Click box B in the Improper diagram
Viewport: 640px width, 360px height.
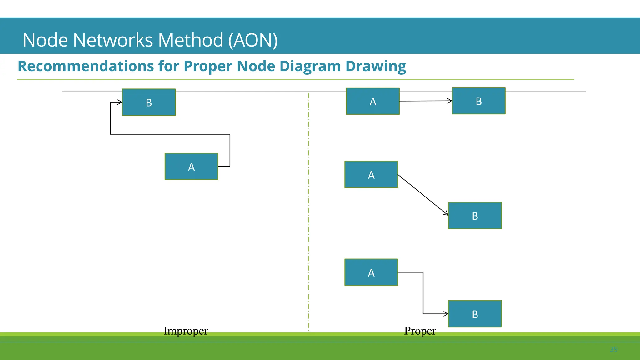pyautogui.click(x=149, y=102)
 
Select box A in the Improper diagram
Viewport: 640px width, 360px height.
pyautogui.click(x=191, y=166)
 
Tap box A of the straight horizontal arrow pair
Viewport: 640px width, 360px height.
pyautogui.click(x=373, y=101)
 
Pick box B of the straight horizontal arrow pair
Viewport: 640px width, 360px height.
pyautogui.click(x=478, y=101)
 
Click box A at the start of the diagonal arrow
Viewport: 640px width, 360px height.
pyautogui.click(x=371, y=174)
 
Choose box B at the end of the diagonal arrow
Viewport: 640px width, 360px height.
pyautogui.click(x=475, y=216)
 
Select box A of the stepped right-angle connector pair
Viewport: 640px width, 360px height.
pyautogui.click(x=371, y=272)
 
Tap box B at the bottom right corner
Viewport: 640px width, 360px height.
pyautogui.click(x=475, y=314)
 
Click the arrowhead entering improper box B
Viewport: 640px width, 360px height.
pyautogui.click(x=120, y=102)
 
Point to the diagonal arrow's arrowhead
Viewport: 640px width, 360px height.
pyautogui.click(x=446, y=214)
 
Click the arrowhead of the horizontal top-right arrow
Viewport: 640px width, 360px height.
pyautogui.click(x=450, y=101)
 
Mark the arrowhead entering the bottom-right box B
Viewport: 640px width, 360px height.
pyautogui.click(x=446, y=314)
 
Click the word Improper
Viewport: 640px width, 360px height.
pyautogui.click(x=186, y=331)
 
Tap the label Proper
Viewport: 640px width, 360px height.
pyautogui.click(x=420, y=331)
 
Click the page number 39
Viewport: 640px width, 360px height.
pyautogui.click(x=614, y=349)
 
